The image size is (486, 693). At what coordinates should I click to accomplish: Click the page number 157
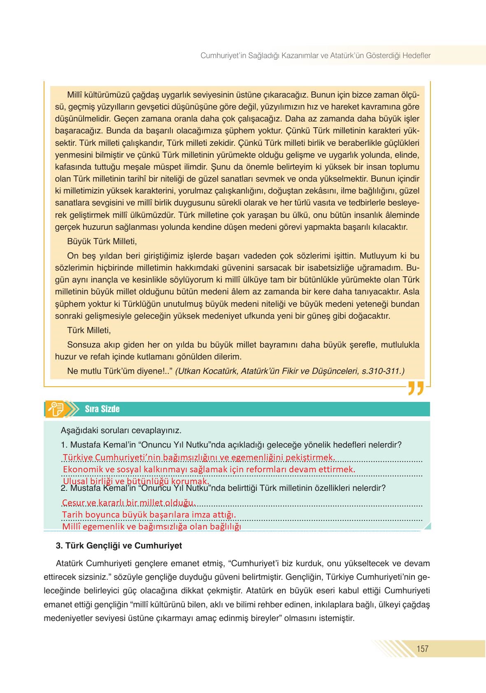(x=422, y=649)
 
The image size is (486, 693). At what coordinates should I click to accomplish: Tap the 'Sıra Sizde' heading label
(x=102, y=409)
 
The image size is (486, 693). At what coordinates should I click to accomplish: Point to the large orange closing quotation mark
(x=416, y=388)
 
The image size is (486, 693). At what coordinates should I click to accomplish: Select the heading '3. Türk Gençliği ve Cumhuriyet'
(x=119, y=546)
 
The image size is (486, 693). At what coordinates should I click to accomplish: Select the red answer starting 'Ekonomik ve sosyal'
(x=209, y=469)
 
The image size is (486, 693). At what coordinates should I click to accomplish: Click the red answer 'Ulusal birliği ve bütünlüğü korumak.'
(x=136, y=481)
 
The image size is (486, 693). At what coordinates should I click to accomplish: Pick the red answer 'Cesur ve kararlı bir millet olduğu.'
(x=128, y=503)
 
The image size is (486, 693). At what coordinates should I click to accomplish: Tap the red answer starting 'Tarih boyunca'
(x=149, y=515)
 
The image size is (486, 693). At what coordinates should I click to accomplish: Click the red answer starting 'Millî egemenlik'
(x=151, y=527)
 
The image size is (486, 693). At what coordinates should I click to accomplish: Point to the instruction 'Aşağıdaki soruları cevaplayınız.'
(x=121, y=431)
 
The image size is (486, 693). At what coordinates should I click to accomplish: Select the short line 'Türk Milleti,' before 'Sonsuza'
(x=89, y=330)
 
